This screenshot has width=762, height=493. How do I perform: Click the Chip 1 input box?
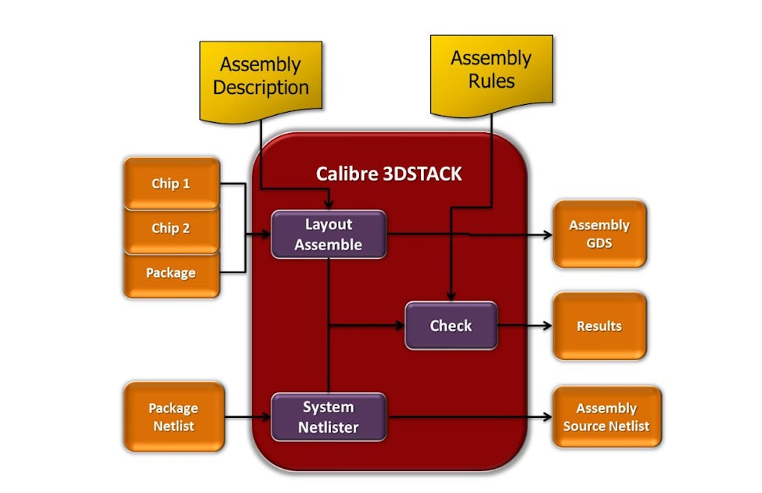[x=171, y=184]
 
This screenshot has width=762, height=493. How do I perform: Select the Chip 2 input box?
[x=171, y=229]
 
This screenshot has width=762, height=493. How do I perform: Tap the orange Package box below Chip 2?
[x=171, y=273]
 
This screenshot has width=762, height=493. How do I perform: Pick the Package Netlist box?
[x=173, y=417]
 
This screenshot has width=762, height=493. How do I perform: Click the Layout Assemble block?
[x=328, y=234]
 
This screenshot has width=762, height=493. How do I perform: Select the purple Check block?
[x=451, y=326]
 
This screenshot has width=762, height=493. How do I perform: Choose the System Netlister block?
[x=328, y=417]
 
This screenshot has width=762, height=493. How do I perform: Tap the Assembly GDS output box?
[x=599, y=234]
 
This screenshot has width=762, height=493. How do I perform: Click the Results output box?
[x=599, y=326]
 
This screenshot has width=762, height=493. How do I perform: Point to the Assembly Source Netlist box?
[x=606, y=417]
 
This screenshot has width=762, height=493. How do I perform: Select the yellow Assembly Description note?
[x=261, y=77]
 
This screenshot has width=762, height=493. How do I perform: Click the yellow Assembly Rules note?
[x=491, y=70]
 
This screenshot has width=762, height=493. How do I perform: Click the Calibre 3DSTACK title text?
[x=389, y=174]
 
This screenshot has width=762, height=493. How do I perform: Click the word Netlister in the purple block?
[x=328, y=427]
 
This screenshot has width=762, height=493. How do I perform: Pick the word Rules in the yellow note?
[x=491, y=81]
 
